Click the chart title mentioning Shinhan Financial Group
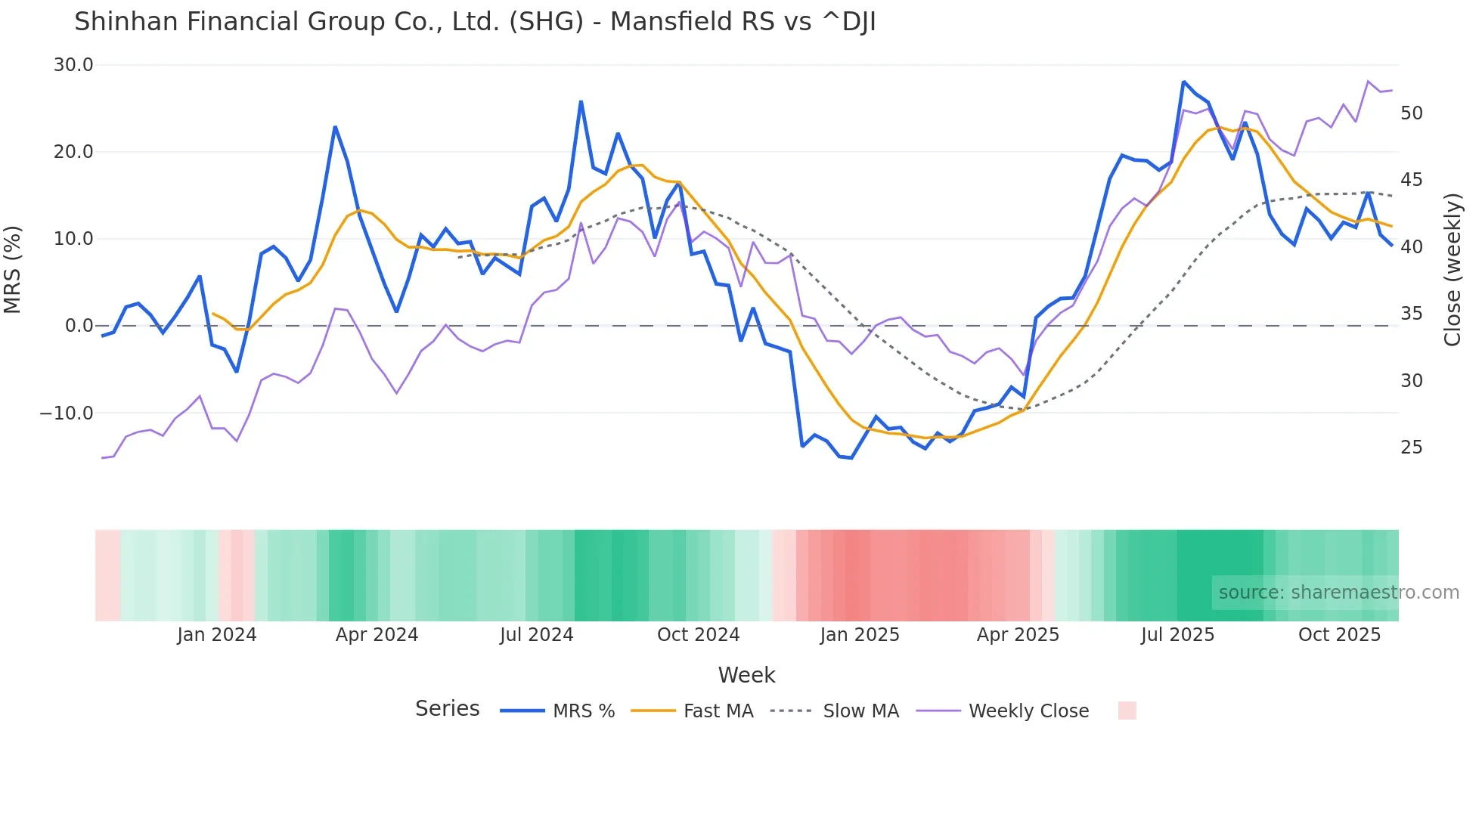point(475,22)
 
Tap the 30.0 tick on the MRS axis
point(73,65)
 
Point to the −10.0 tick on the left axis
point(67,413)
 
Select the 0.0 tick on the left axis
point(79,326)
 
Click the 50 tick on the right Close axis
point(1411,113)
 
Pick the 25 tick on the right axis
point(1411,447)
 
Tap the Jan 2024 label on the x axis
point(217,635)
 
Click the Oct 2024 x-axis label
point(698,635)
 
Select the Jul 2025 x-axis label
point(1177,635)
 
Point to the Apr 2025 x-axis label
point(1018,635)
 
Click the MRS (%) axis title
point(13,270)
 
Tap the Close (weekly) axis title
point(1453,270)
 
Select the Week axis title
point(746,675)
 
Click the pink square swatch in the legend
point(1127,711)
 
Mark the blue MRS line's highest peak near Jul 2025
point(1183,82)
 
